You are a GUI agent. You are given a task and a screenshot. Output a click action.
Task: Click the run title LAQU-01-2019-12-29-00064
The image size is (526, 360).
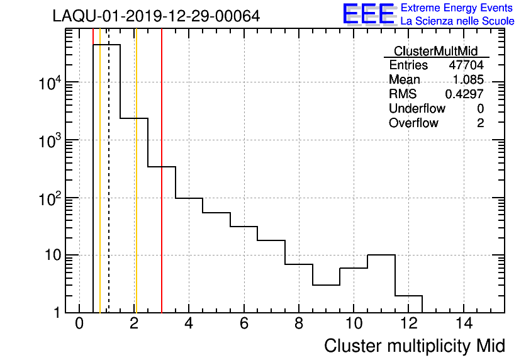pos(156,16)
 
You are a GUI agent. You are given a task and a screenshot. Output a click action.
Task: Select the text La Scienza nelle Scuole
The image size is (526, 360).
pos(457,21)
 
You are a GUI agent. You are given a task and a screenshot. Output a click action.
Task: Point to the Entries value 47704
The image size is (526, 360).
pos(466,65)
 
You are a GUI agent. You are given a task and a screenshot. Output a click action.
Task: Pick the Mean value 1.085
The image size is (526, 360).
pos(468,80)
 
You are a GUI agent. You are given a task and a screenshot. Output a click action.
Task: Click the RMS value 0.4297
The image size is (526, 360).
pos(464,94)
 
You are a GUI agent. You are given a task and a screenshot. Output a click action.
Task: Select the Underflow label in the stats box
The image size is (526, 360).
pos(417,109)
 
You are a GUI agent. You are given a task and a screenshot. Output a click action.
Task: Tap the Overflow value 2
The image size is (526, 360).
pos(480,123)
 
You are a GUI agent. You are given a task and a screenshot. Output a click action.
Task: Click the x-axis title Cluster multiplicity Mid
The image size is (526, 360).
pos(415,346)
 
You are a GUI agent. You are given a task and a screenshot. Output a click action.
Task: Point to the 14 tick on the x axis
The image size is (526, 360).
pos(463,323)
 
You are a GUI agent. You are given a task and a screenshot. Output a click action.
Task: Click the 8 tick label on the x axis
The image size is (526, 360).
pos(299,323)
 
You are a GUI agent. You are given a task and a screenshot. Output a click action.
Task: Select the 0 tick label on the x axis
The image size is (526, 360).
pos(79,323)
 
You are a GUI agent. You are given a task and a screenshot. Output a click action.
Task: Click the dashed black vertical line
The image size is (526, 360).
pos(109,189)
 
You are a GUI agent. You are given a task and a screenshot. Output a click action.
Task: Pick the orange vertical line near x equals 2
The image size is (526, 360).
pos(135,189)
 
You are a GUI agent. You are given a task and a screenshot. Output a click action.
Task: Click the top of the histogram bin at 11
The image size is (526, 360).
pos(381,255)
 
